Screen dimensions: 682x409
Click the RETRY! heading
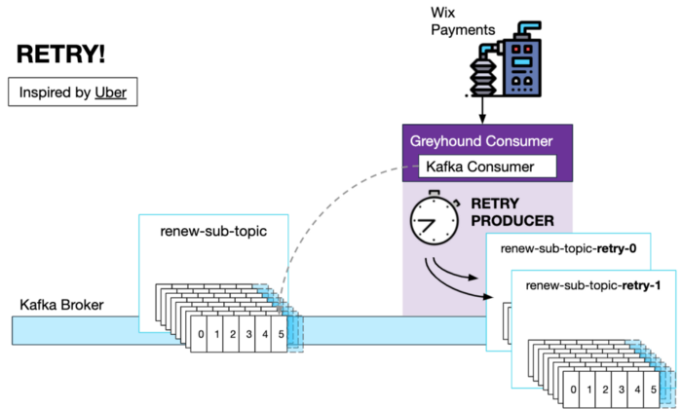pyautogui.click(x=60, y=55)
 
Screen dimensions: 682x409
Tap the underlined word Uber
pyautogui.click(x=110, y=93)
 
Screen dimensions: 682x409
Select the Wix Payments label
pyautogui.click(x=463, y=21)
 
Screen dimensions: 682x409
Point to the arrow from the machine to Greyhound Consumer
pyautogui.click(x=482, y=110)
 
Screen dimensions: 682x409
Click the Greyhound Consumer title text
pyautogui.click(x=481, y=141)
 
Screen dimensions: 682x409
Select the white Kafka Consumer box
pyautogui.click(x=487, y=167)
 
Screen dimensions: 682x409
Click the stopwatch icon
pyautogui.click(x=435, y=217)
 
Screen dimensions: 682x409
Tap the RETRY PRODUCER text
pyautogui.click(x=512, y=212)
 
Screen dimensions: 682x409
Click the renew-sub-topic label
pyautogui.click(x=213, y=231)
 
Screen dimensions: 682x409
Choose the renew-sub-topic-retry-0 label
pyautogui.click(x=568, y=248)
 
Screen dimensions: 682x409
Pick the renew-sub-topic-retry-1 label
pyautogui.click(x=593, y=285)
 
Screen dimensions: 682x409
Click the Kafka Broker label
pyautogui.click(x=61, y=305)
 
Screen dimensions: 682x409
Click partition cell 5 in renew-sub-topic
pyautogui.click(x=280, y=334)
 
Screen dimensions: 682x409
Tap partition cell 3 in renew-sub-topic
pyautogui.click(x=247, y=334)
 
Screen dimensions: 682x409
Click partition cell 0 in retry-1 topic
pyautogui.click(x=572, y=390)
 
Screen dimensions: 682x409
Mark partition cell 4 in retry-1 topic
pyautogui.click(x=636, y=390)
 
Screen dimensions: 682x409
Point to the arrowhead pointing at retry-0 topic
pyautogui.click(x=474, y=277)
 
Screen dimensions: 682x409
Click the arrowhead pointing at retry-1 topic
pyautogui.click(x=488, y=297)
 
